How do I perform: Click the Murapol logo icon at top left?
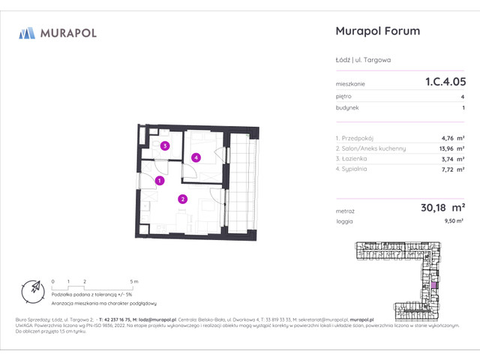[27, 32]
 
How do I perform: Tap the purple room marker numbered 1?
[160, 181]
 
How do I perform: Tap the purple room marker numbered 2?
[182, 199]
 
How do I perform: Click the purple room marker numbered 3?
[164, 146]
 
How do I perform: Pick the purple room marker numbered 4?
[196, 157]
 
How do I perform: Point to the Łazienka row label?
[352, 158]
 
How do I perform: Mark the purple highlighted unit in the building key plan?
[432, 286]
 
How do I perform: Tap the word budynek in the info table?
[347, 108]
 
